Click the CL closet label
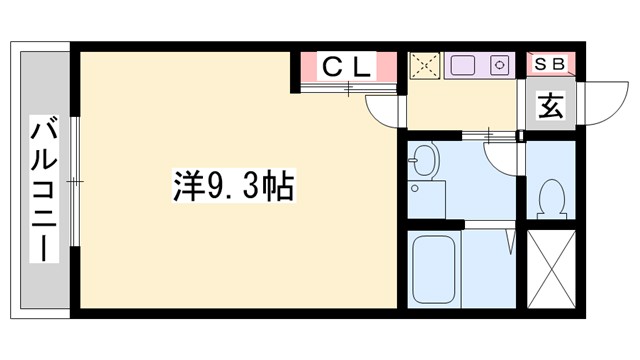click(x=346, y=68)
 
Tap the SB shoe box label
click(x=550, y=64)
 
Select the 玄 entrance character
click(x=551, y=104)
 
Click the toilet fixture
click(x=550, y=197)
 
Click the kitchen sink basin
click(x=464, y=67)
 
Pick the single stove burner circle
click(x=499, y=67)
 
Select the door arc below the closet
click(x=384, y=108)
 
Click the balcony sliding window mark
click(x=73, y=182)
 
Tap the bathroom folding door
click(x=511, y=240)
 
